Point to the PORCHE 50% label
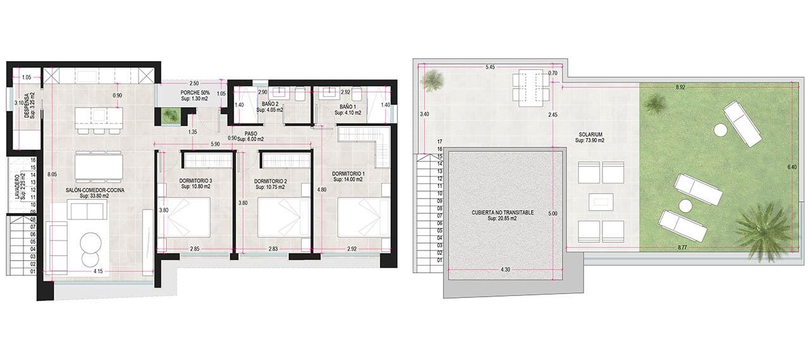coord(195,93)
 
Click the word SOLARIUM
coord(590,134)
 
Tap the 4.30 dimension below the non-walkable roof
coord(504,270)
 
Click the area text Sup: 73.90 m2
coord(590,140)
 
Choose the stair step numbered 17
coord(439,142)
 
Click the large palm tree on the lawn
coord(764,228)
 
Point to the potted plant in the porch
coord(169,115)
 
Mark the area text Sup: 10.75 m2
coord(271,187)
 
